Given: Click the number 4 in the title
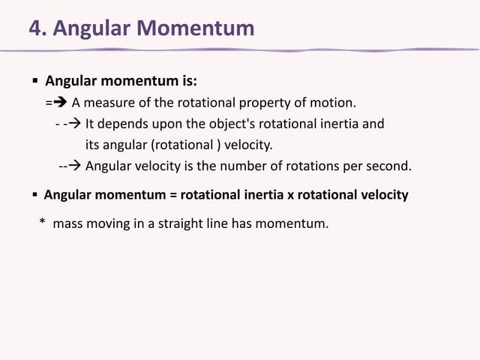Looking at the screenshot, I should pyautogui.click(x=34, y=28).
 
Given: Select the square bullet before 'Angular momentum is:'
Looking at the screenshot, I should pyautogui.click(x=34, y=80).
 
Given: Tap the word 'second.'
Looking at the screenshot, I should pyautogui.click(x=386, y=166).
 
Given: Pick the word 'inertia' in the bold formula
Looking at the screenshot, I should pyautogui.click(x=263, y=195).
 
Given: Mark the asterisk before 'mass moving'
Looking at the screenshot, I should pyautogui.click(x=43, y=223).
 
